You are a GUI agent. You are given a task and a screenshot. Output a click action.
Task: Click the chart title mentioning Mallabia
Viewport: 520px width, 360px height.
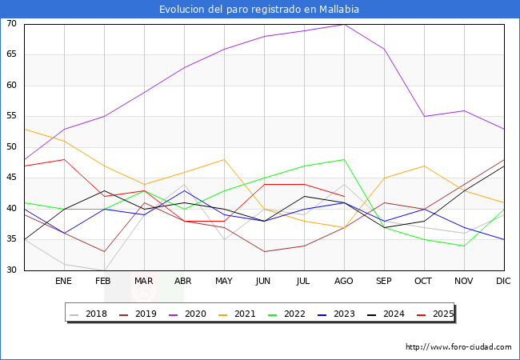coord(259,10)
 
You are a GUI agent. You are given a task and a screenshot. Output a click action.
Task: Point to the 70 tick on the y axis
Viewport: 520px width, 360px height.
coord(11,24)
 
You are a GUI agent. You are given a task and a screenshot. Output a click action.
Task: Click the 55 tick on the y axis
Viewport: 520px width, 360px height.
coord(11,117)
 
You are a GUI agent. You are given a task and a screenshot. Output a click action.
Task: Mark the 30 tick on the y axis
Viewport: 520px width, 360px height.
coord(11,270)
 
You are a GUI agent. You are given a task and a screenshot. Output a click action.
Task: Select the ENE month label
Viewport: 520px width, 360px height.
coord(64,282)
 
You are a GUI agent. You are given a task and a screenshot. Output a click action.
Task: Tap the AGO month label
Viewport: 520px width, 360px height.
coord(344,282)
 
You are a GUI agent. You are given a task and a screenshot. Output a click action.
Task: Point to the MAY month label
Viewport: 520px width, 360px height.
coord(224,282)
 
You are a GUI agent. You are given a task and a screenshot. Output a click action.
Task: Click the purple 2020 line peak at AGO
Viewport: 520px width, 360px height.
coord(344,24)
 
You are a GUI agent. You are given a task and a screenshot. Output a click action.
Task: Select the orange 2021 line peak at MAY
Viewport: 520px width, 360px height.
coord(224,159)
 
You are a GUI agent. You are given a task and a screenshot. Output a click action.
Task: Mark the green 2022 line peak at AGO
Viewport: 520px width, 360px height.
coord(344,159)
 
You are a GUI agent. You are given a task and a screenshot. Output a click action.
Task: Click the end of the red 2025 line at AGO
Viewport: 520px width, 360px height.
coord(344,196)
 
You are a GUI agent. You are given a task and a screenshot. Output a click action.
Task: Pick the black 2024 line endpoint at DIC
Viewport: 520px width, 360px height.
coord(504,166)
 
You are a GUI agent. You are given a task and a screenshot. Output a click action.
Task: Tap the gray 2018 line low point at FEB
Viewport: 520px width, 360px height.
coord(104,270)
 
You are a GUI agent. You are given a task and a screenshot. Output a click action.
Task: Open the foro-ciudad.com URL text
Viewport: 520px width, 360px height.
coord(458,347)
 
